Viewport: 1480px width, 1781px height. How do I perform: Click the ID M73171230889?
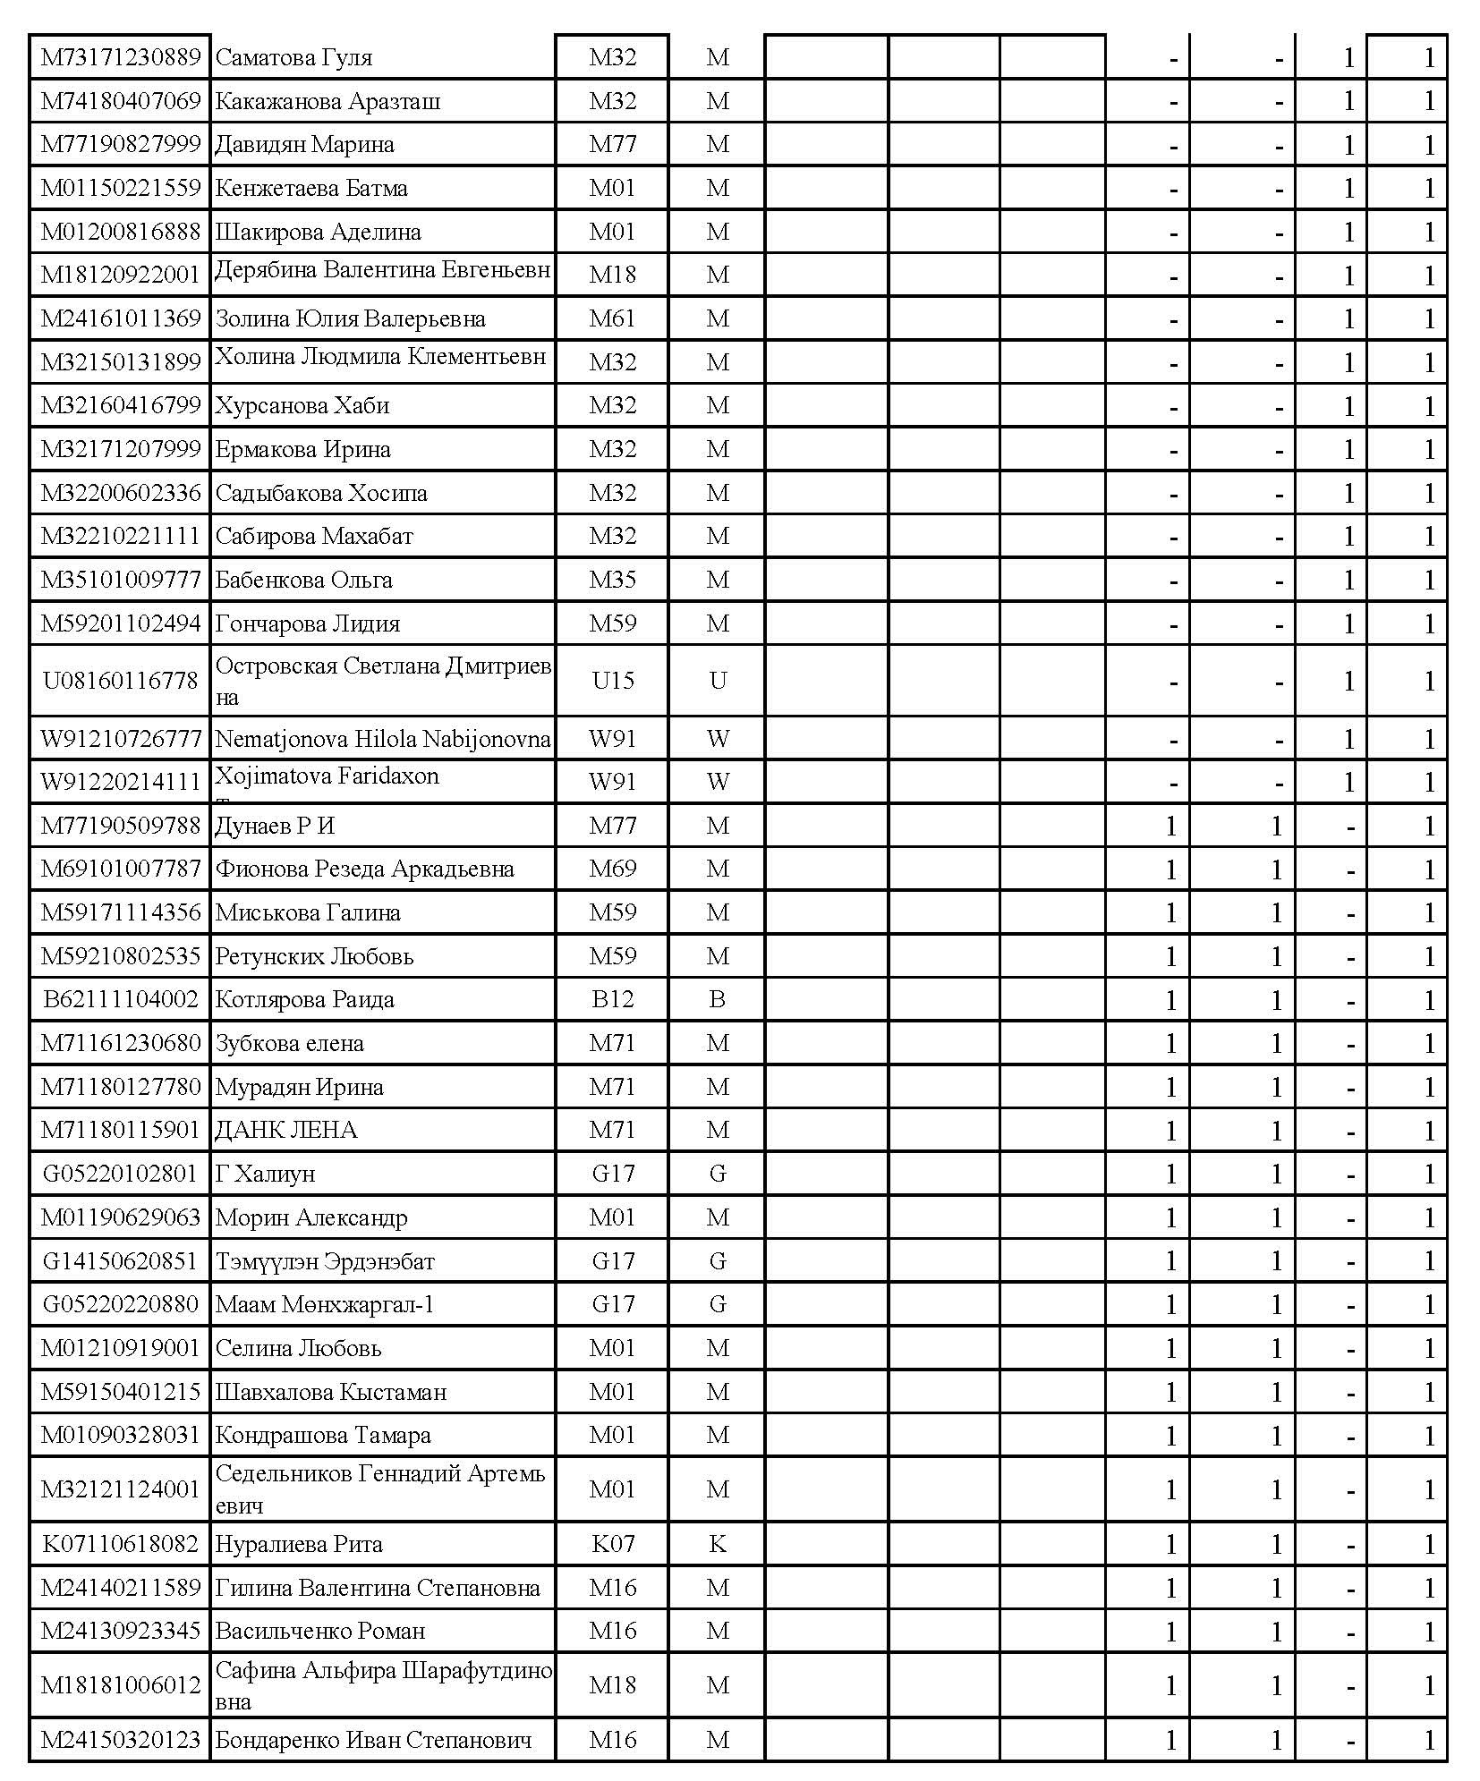pyautogui.click(x=121, y=58)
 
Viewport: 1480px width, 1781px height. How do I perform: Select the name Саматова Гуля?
pyautogui.click(x=293, y=58)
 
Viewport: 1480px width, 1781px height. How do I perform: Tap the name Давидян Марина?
pyautogui.click(x=304, y=145)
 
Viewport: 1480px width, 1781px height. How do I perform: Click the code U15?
pyautogui.click(x=613, y=681)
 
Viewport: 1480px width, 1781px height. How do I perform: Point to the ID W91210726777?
pyautogui.click(x=121, y=740)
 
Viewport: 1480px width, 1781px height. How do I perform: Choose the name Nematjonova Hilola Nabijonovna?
pyautogui.click(x=383, y=740)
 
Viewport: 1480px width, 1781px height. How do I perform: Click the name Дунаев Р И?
pyautogui.click(x=275, y=826)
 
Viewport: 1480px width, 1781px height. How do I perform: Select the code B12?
pyautogui.click(x=613, y=999)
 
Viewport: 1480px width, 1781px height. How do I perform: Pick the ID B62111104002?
pyautogui.click(x=121, y=999)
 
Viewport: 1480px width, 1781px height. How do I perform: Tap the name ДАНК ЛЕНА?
pyautogui.click(x=286, y=1131)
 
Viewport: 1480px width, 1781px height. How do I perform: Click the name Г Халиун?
pyautogui.click(x=265, y=1174)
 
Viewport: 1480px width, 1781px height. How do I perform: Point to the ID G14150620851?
pyautogui.click(x=121, y=1261)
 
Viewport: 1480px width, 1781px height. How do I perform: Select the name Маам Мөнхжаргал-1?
pyautogui.click(x=325, y=1304)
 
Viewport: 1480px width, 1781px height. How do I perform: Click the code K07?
pyautogui.click(x=613, y=1544)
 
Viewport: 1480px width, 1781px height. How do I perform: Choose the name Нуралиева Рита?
pyautogui.click(x=299, y=1544)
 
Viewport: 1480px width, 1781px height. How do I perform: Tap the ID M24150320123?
pyautogui.click(x=121, y=1740)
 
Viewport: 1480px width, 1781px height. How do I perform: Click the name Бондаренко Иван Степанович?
pyautogui.click(x=373, y=1740)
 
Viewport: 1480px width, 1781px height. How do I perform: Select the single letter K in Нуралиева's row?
pyautogui.click(x=718, y=1544)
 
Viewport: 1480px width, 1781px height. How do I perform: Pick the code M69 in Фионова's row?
pyautogui.click(x=613, y=869)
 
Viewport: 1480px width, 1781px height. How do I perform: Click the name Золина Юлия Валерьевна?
pyautogui.click(x=350, y=319)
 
